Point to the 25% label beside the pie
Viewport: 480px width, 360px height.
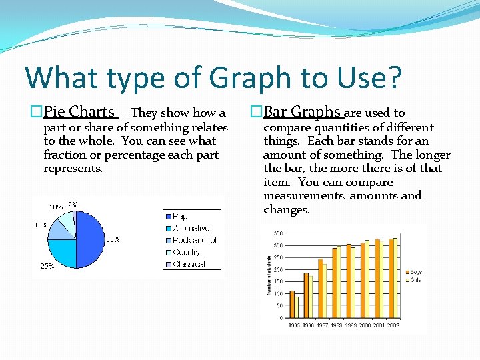click(x=47, y=266)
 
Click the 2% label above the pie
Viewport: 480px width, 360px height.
click(x=73, y=205)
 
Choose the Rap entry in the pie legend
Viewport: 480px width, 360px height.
click(x=180, y=216)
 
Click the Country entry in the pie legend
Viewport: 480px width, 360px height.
click(x=186, y=252)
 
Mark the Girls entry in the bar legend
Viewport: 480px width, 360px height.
click(x=415, y=280)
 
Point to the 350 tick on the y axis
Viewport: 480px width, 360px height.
click(x=278, y=233)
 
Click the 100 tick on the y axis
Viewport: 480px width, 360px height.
click(x=278, y=294)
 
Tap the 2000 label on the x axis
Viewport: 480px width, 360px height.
click(x=365, y=325)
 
